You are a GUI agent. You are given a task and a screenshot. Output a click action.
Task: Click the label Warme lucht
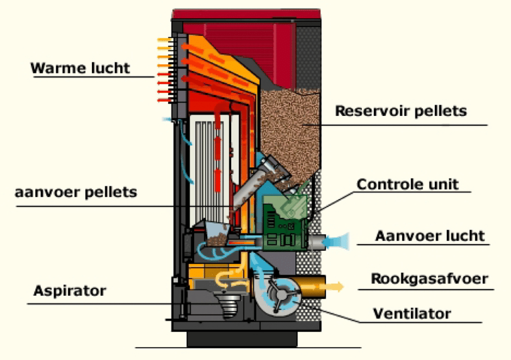(80, 68)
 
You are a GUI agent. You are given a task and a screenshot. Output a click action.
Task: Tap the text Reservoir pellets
(401, 111)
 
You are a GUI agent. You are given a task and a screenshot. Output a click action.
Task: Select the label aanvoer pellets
(76, 192)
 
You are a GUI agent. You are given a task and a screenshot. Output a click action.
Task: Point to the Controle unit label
(407, 184)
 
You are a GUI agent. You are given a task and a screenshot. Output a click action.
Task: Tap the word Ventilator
(412, 314)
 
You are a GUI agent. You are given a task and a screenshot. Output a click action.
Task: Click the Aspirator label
(69, 291)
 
